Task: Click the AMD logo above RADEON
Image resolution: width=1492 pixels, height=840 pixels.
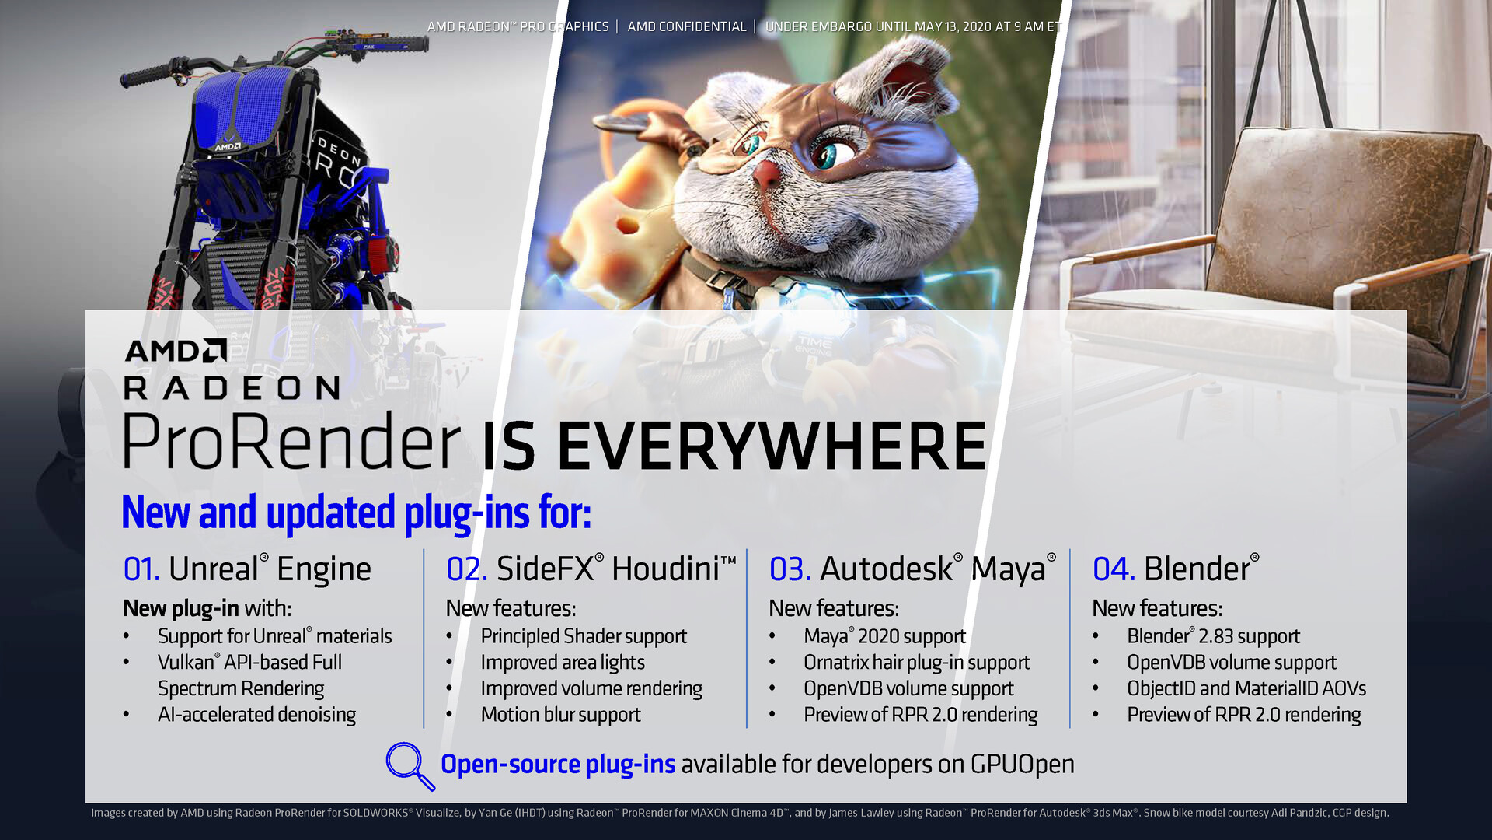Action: [176, 351]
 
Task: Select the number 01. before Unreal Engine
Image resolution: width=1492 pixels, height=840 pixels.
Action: [141, 569]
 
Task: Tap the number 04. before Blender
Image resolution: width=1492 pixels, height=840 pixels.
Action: [1114, 569]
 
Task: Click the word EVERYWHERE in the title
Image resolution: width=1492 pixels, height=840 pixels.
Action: [772, 446]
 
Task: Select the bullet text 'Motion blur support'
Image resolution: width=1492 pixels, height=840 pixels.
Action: [560, 715]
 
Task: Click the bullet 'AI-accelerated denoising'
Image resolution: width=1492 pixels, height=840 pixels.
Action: [256, 715]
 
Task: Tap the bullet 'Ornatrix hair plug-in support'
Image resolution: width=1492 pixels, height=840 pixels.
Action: [917, 663]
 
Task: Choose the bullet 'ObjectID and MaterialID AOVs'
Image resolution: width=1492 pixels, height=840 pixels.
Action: [1246, 688]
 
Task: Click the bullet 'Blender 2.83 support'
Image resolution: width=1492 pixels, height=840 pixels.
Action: [1213, 636]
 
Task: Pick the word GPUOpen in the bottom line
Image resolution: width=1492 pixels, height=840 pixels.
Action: [1022, 765]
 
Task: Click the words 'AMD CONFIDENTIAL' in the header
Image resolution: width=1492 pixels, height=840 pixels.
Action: [687, 26]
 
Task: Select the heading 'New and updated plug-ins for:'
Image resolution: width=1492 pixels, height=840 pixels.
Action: [357, 513]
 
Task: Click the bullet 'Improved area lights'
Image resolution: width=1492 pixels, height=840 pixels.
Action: [563, 663]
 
